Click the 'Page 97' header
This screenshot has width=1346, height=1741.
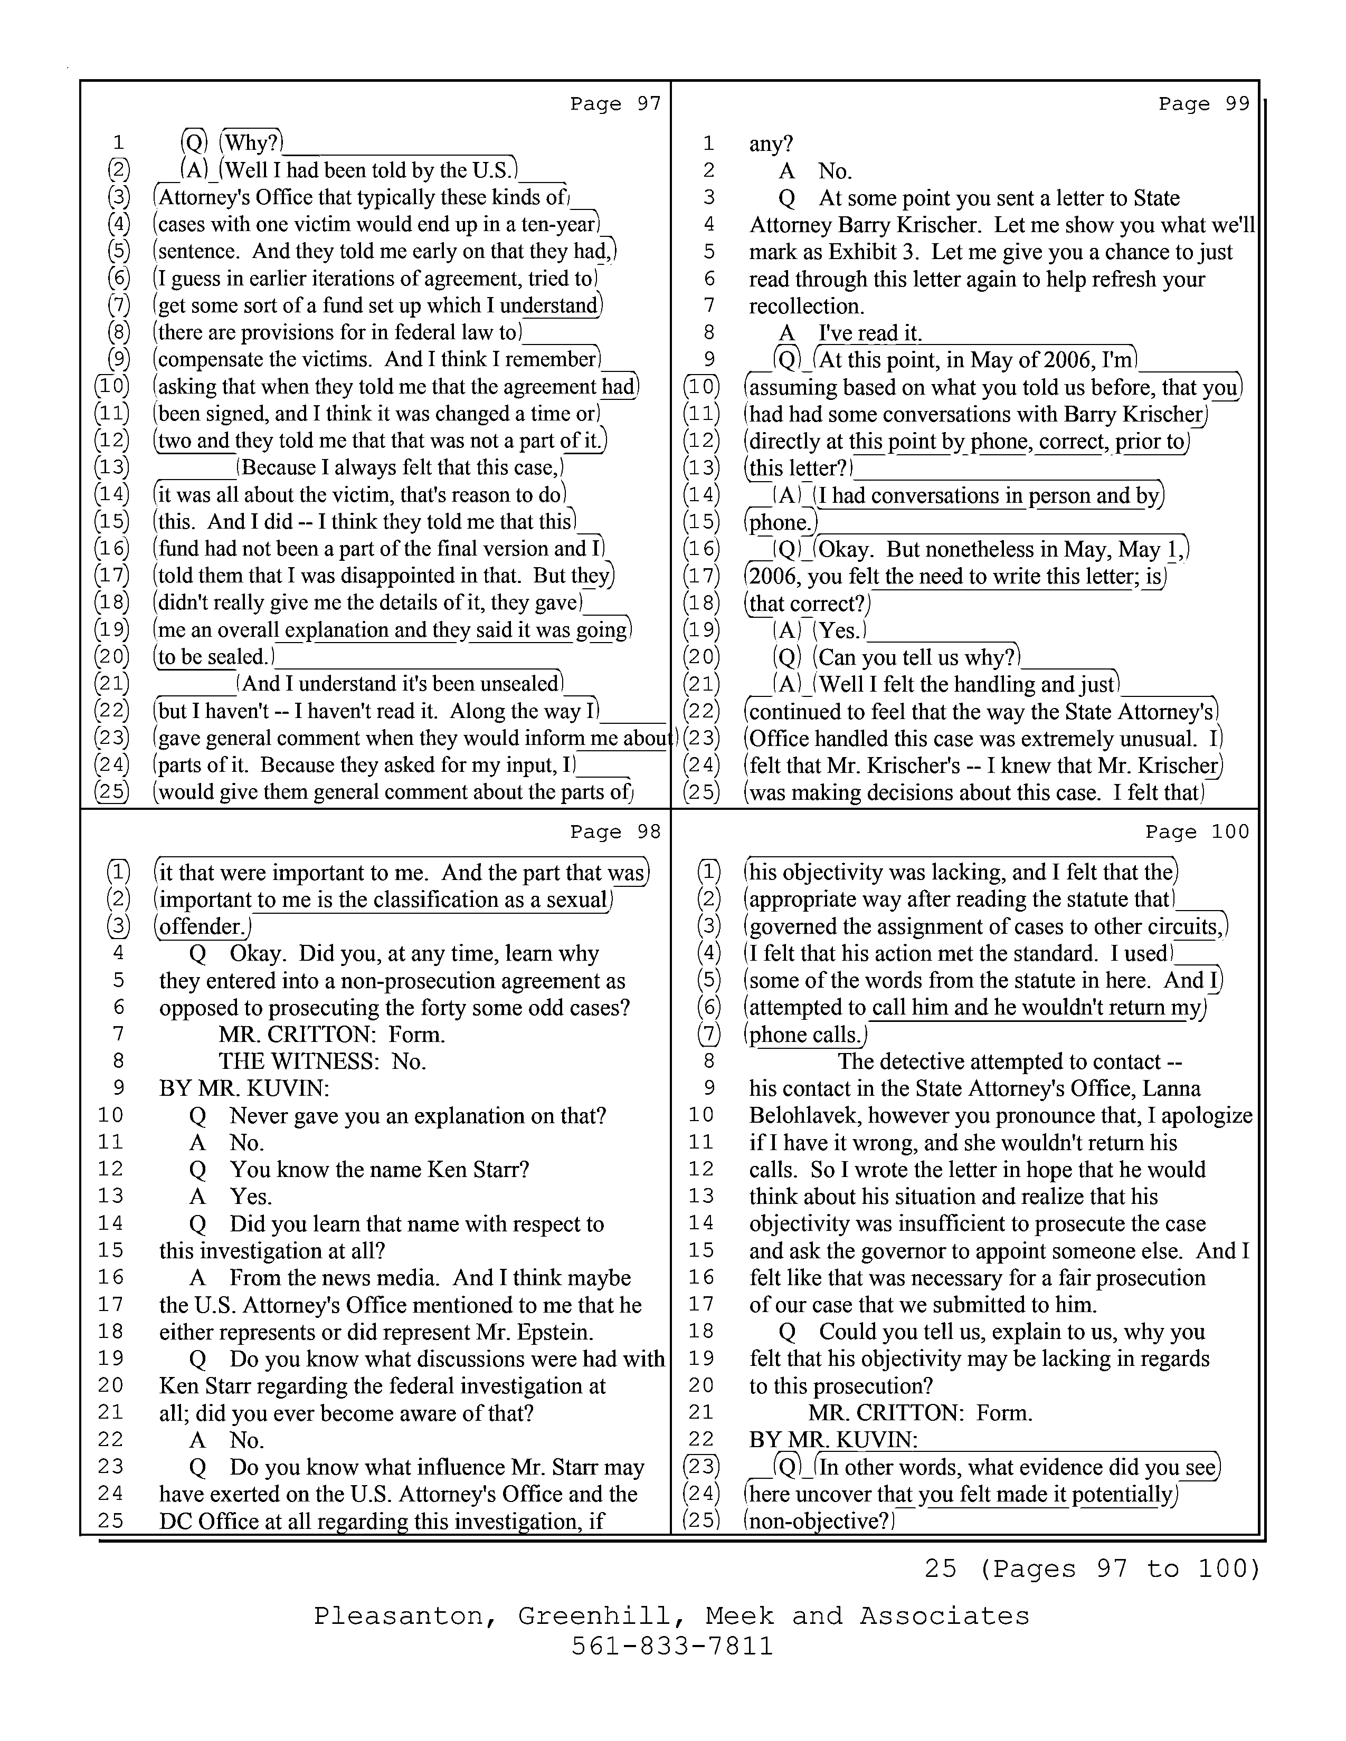(615, 103)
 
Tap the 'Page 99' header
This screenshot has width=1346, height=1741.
(1203, 103)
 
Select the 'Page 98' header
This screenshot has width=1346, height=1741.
(615, 831)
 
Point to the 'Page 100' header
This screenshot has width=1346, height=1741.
(1197, 831)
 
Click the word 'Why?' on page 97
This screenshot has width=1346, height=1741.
(252, 144)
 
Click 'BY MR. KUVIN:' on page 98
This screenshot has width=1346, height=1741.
(244, 1088)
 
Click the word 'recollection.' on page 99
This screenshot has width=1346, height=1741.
(806, 306)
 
